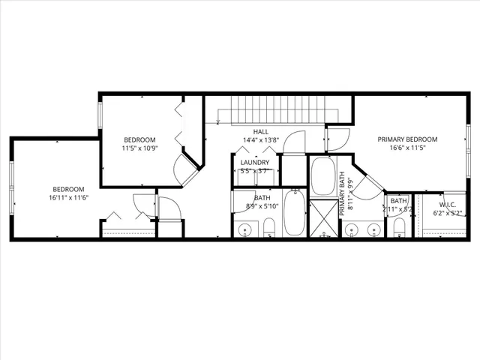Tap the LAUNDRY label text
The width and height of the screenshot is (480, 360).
coord(255,162)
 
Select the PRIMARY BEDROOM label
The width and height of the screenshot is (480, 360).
coord(407,139)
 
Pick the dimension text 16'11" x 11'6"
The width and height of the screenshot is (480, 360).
coord(67,197)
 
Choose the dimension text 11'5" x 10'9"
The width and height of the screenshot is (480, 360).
coord(139,148)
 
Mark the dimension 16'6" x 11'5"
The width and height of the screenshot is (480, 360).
coord(407,148)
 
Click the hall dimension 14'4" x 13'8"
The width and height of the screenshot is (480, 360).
coord(261,140)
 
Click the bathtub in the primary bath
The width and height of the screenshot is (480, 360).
coord(324,176)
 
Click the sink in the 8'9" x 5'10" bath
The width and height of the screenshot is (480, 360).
coord(245,229)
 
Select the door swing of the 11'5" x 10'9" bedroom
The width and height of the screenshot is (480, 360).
coord(186,171)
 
